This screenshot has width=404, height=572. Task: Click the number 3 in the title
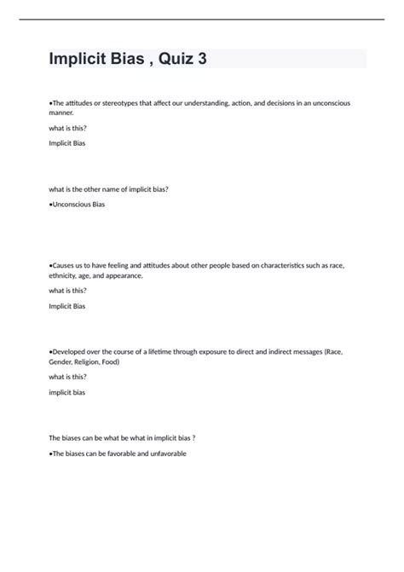(200, 59)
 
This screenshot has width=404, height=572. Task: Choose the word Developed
(71, 352)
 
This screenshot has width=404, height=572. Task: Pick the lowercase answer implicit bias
(67, 392)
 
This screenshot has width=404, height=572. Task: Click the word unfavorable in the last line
(166, 454)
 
